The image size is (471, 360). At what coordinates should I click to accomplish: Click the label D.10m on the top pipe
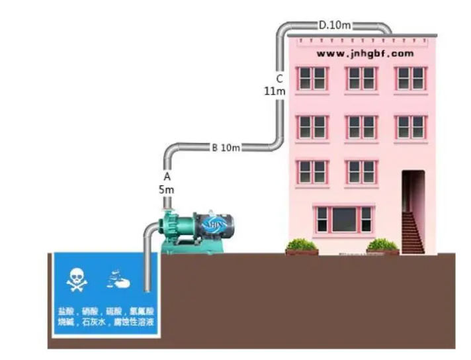click(x=334, y=25)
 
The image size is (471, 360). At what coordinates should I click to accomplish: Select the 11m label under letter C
click(x=274, y=91)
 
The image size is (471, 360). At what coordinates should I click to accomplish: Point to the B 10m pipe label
click(x=226, y=147)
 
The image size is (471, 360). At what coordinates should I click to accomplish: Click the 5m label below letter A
click(x=167, y=189)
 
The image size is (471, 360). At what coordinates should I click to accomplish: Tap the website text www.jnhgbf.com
click(x=364, y=53)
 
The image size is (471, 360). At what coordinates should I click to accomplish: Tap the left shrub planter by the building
click(x=302, y=246)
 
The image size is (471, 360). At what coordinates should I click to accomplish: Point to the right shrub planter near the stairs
click(x=382, y=246)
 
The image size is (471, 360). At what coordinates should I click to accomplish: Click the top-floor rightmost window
click(x=410, y=78)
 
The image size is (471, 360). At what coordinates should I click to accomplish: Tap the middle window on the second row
click(x=361, y=126)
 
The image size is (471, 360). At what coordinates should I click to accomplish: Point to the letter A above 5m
click(x=167, y=177)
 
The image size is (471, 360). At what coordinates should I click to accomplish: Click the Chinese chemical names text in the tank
click(x=106, y=317)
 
